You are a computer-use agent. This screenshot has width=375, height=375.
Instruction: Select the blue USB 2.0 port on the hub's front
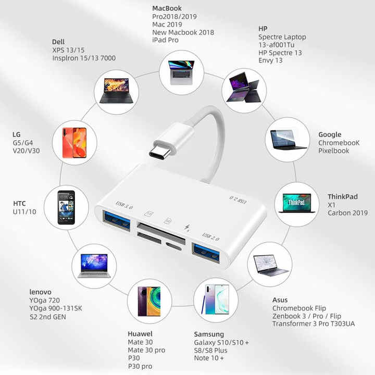[206, 253]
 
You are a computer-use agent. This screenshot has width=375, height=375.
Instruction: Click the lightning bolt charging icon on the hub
[187, 228]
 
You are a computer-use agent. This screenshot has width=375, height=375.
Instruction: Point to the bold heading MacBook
[167, 8]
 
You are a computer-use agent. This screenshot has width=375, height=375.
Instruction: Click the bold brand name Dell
[58, 42]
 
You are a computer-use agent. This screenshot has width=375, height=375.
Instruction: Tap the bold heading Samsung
[209, 334]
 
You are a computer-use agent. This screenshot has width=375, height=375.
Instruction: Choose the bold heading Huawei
[140, 334]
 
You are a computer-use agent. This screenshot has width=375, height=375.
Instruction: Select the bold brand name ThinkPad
[343, 196]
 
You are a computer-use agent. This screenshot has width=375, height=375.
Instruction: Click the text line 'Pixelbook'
[334, 151]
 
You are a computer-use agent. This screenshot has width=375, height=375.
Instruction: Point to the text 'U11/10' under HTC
[24, 211]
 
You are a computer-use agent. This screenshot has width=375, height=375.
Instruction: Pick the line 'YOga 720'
[44, 300]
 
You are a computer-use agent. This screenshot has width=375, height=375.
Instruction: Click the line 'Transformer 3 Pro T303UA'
[314, 323]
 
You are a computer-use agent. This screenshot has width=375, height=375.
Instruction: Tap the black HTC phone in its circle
[66, 208]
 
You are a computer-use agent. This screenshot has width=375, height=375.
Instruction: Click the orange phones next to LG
[74, 143]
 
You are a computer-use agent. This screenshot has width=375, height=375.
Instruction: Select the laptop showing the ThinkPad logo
[297, 203]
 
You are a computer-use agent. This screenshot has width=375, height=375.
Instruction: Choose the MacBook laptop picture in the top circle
[181, 72]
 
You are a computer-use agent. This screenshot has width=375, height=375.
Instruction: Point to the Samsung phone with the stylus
[216, 299]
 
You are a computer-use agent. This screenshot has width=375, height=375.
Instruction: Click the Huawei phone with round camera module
[149, 302]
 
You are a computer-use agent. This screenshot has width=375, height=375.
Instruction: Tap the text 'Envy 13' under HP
[270, 60]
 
